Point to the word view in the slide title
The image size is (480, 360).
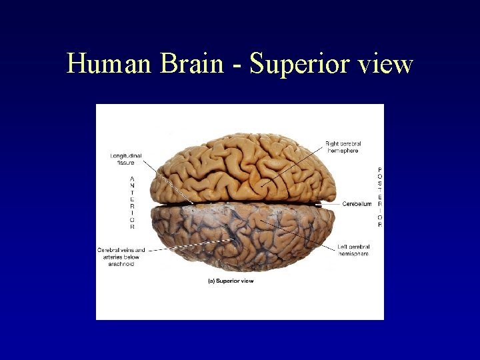[x=386, y=64]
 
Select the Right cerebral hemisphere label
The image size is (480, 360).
[x=341, y=147]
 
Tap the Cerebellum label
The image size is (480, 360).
[x=357, y=204]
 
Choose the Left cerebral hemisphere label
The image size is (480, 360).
[x=353, y=250]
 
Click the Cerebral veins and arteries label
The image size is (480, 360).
[x=121, y=257]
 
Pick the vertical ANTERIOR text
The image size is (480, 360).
[x=132, y=203]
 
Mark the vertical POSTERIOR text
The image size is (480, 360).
[x=380, y=197]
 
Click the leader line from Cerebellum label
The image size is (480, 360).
[x=331, y=204]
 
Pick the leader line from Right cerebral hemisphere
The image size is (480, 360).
[x=293, y=163]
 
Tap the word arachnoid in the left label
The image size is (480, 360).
[x=121, y=264]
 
